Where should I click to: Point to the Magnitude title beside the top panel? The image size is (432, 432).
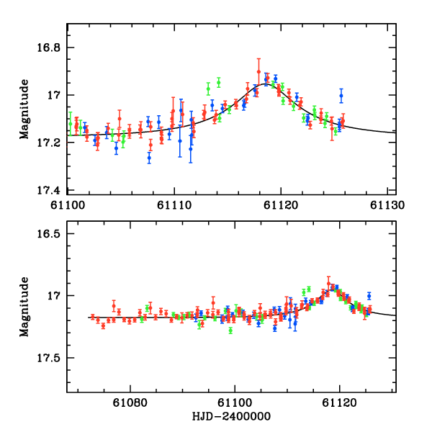[24, 109]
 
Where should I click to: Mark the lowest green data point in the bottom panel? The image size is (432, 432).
[230, 330]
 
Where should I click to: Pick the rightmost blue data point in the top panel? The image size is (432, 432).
[341, 96]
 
